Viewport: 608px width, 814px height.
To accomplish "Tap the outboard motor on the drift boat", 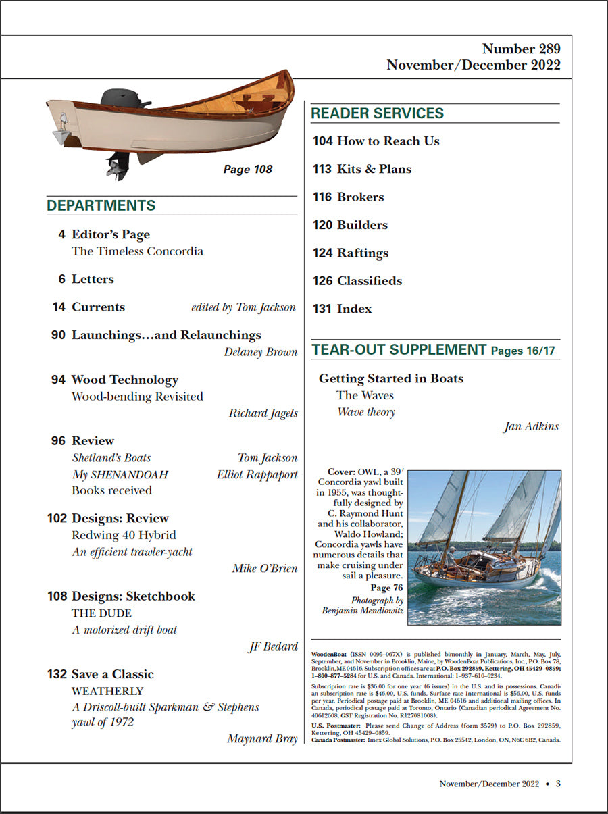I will tap(124, 100).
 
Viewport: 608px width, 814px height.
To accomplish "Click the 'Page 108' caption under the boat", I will tap(247, 170).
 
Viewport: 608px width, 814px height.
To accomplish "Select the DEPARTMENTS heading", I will tap(101, 206).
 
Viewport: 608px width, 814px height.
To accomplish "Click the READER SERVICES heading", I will tap(377, 113).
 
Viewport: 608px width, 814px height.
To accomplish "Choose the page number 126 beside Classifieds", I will tap(322, 281).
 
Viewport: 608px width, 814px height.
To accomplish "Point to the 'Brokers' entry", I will tap(360, 197).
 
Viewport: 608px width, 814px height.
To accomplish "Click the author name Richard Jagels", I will tap(263, 413).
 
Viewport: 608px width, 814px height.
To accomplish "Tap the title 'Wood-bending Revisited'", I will tap(137, 397).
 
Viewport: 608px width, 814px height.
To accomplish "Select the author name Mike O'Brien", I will tap(264, 568).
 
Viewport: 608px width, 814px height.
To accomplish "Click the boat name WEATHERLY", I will tap(107, 691).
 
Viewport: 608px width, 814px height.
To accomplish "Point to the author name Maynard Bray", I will tap(262, 738).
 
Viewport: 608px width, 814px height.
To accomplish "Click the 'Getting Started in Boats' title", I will tap(391, 378).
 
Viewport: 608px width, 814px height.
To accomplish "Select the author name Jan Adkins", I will tap(532, 426).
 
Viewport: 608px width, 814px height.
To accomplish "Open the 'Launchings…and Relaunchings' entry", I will tap(166, 335).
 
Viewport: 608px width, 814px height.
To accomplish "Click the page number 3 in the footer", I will tap(558, 784).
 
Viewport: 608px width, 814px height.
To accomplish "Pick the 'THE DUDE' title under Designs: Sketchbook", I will tap(101, 613).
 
